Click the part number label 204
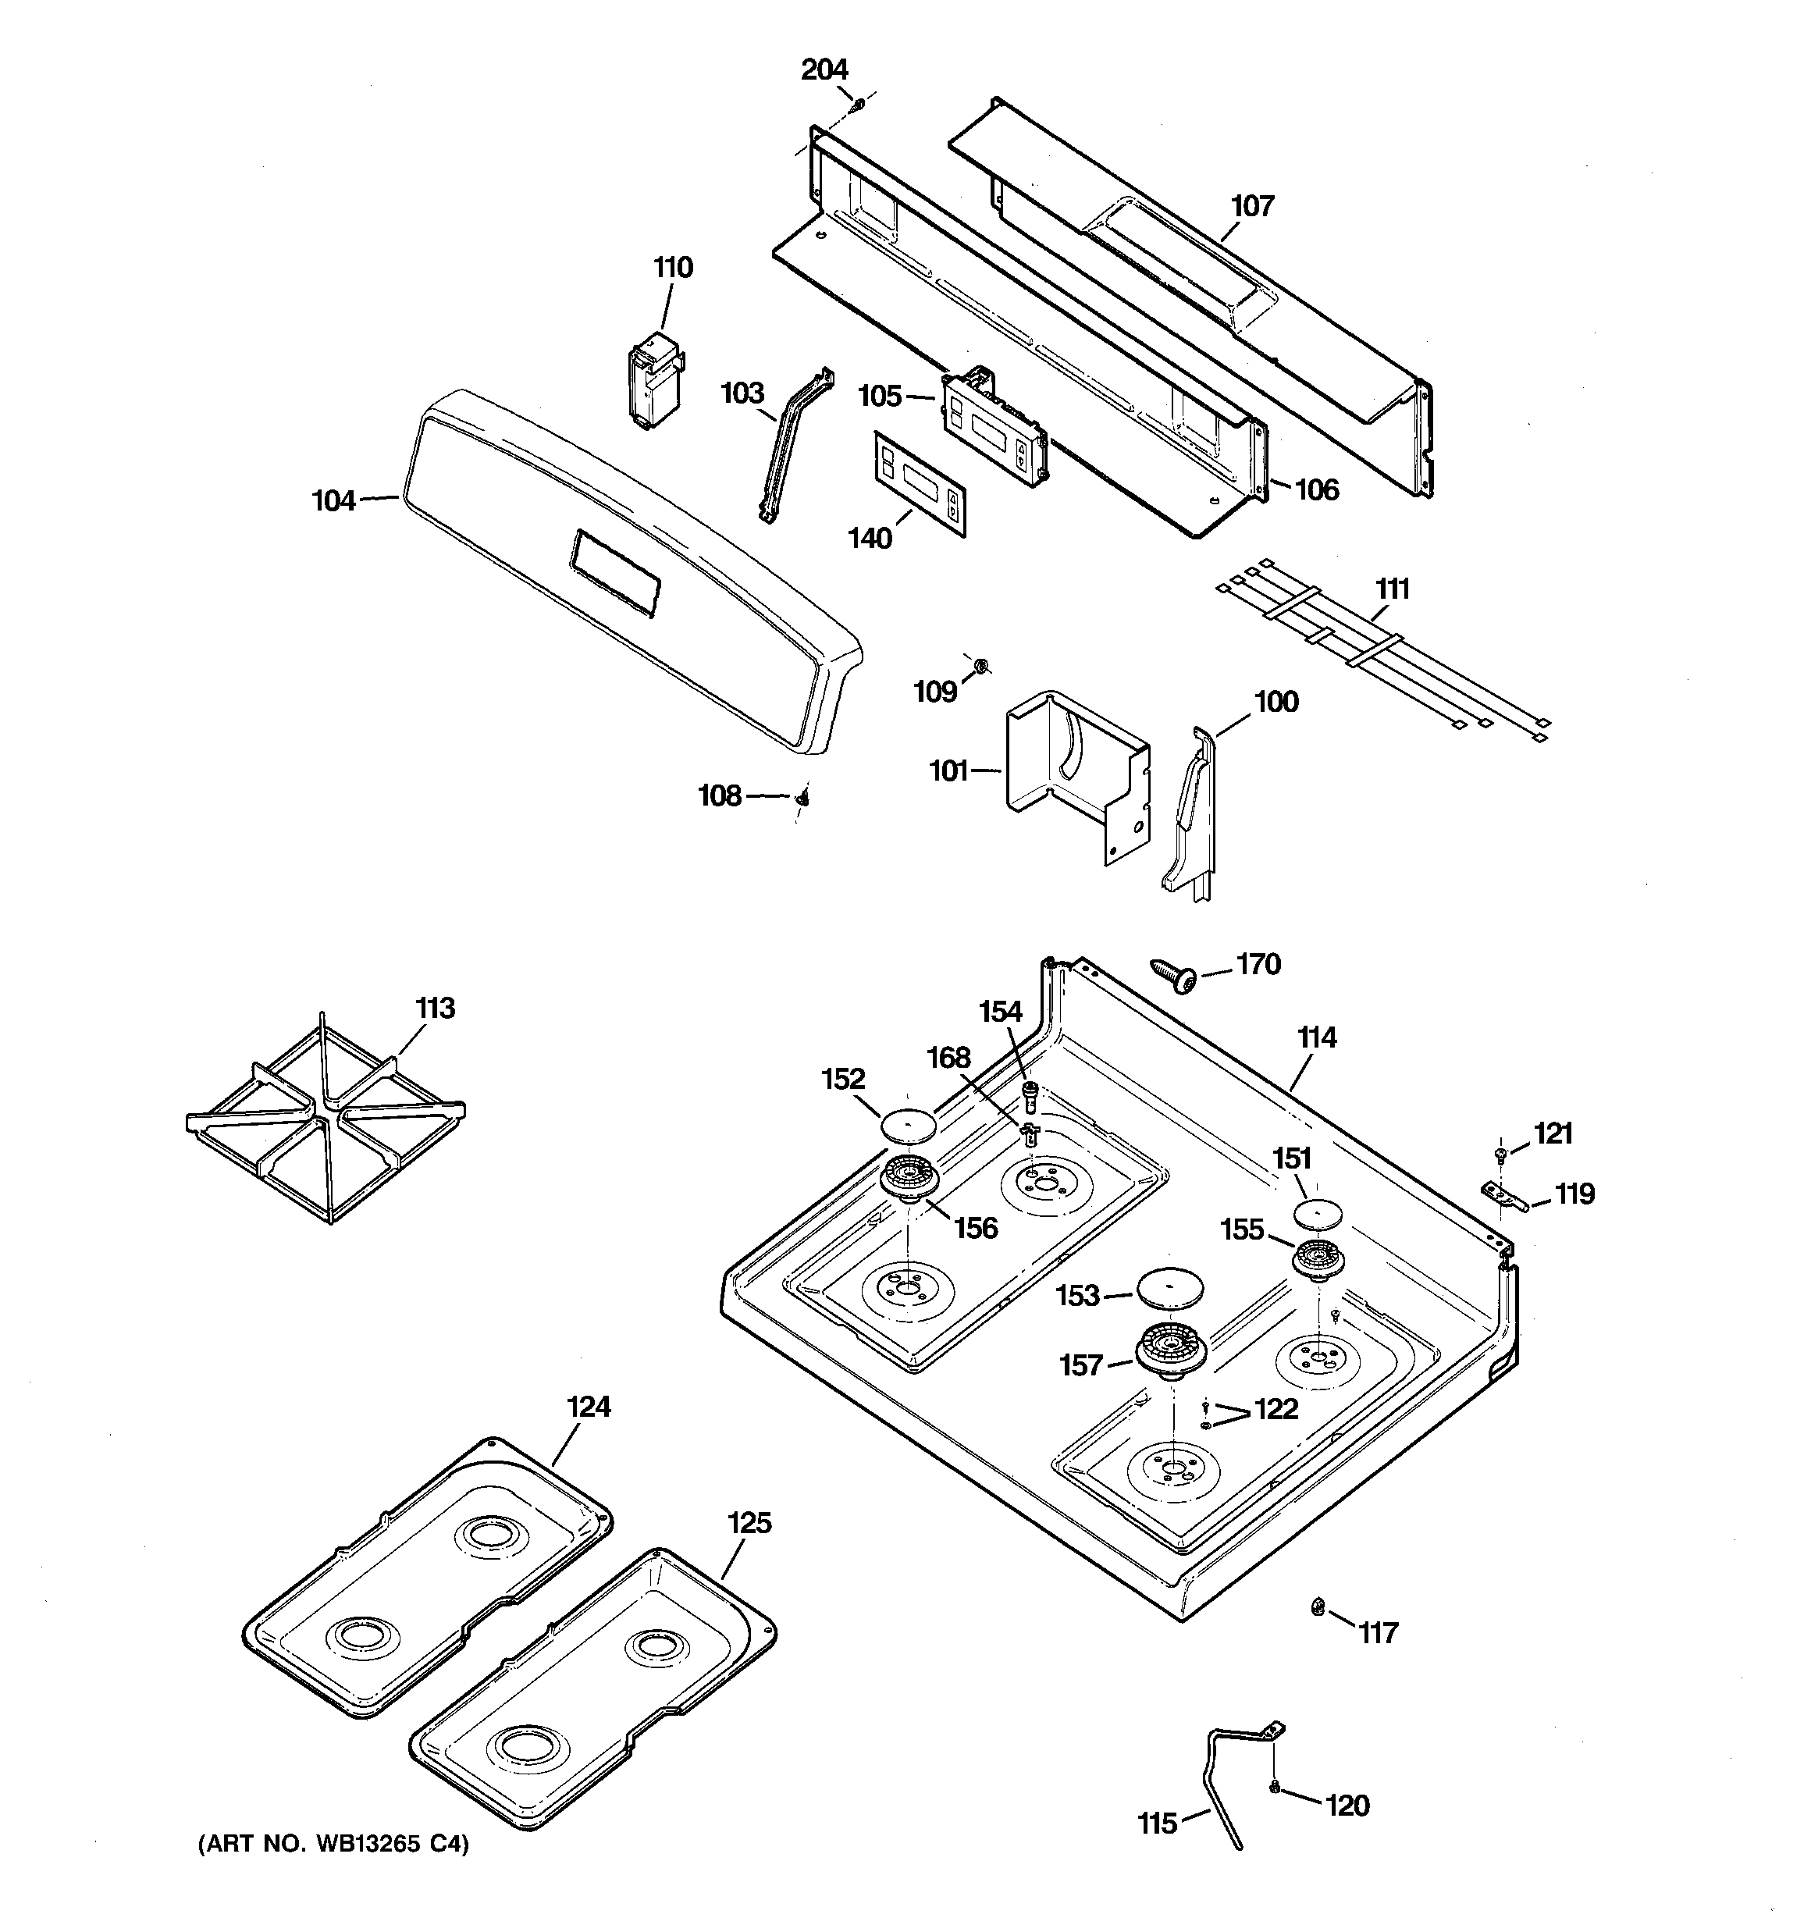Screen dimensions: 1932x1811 click(x=824, y=70)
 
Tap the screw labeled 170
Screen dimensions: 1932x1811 click(x=1173, y=975)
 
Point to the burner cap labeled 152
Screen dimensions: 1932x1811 click(x=908, y=1126)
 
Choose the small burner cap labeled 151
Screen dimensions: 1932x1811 click(x=1317, y=1214)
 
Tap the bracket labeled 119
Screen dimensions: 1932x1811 click(x=1502, y=1197)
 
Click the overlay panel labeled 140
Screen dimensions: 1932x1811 click(x=920, y=483)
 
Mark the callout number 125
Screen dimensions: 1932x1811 click(x=749, y=1523)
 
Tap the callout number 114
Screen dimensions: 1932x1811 click(x=1316, y=1038)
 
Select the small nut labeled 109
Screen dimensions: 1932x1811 click(x=981, y=666)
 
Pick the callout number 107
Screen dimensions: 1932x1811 click(x=1252, y=206)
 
